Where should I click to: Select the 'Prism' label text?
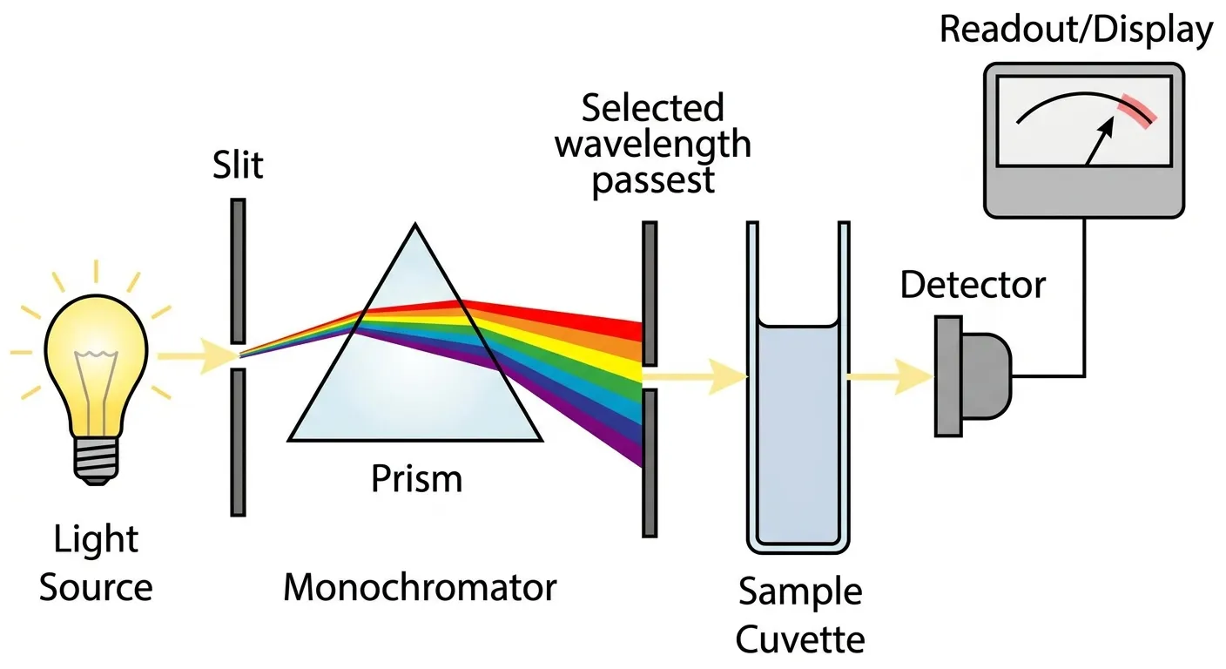416,478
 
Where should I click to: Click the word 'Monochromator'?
420,587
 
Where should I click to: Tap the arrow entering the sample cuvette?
705,376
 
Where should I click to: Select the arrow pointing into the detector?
893,376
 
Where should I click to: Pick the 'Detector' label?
973,285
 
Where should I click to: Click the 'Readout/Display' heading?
1075,30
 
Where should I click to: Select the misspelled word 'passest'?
653,179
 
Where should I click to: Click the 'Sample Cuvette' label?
800,615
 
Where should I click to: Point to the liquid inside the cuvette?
798,436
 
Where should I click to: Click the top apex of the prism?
415,228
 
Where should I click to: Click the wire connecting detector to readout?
1084,305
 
